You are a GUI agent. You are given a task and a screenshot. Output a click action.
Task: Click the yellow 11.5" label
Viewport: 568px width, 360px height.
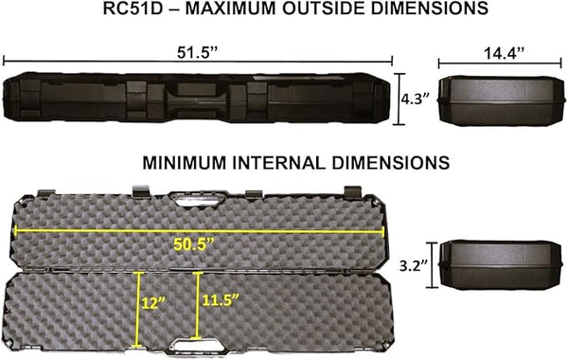point(221,302)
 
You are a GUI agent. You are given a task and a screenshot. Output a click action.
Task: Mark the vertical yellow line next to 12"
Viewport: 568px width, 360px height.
point(140,303)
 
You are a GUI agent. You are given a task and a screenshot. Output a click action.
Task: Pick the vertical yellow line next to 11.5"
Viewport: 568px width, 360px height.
point(198,303)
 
